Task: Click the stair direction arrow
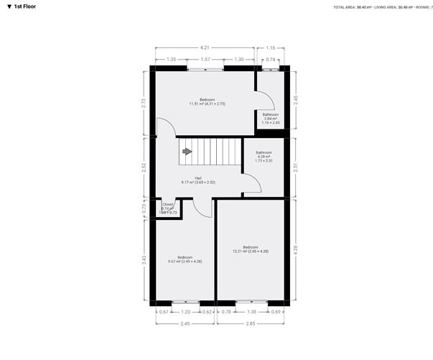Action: pyautogui.click(x=187, y=152)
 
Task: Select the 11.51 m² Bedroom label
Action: pyautogui.click(x=207, y=101)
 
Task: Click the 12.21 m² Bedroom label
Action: pyautogui.click(x=250, y=249)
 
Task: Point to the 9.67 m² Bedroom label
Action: pyautogui.click(x=185, y=259)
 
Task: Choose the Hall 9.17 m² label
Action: pyautogui.click(x=198, y=180)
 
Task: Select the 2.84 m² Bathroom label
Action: pyautogui.click(x=270, y=117)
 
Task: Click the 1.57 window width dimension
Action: pyautogui.click(x=205, y=60)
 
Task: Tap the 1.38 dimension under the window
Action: pyautogui.click(x=251, y=313)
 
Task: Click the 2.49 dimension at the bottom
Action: pyautogui.click(x=185, y=324)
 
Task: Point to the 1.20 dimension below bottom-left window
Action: pyautogui.click(x=186, y=313)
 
